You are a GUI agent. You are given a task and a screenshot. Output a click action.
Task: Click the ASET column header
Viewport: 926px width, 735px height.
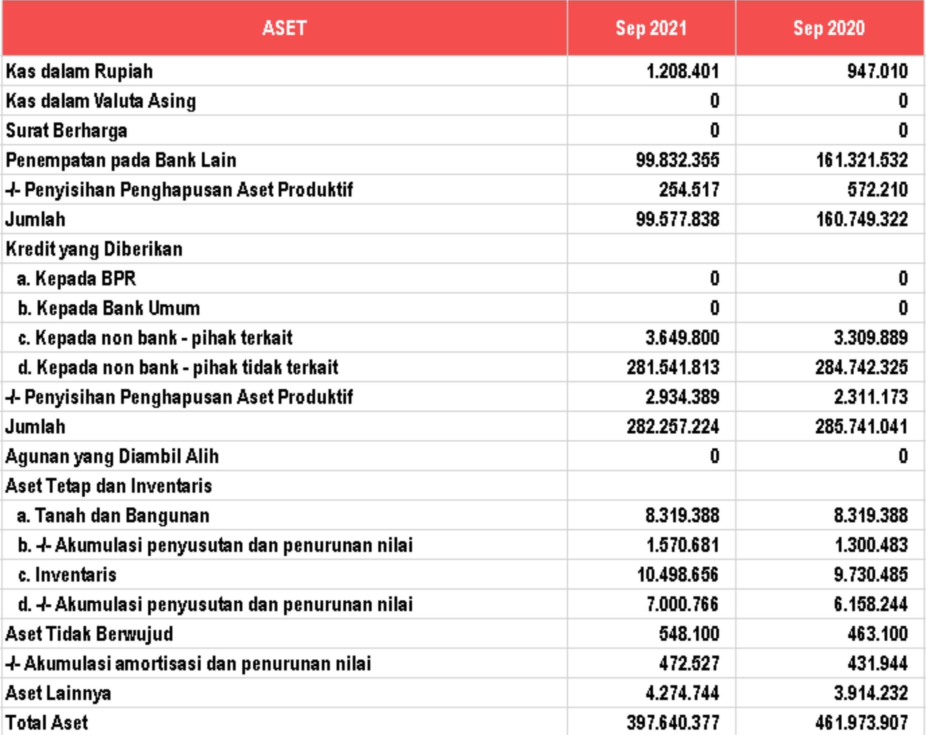point(284,28)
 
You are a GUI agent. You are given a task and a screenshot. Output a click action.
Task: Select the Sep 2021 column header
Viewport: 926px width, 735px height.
point(651,28)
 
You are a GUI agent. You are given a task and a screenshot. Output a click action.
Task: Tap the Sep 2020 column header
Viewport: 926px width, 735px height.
point(829,28)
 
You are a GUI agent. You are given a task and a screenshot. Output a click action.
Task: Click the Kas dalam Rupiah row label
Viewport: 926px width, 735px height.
point(79,71)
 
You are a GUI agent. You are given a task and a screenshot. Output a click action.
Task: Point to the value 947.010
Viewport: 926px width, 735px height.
point(878,71)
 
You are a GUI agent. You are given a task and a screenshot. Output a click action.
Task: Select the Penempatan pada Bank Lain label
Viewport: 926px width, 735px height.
point(121,160)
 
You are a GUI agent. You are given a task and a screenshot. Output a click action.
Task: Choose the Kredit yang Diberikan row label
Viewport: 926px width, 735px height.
point(94,249)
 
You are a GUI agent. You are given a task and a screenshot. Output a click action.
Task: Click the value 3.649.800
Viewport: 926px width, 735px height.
point(682,338)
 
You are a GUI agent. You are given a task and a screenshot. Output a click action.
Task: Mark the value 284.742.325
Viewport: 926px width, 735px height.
point(862,367)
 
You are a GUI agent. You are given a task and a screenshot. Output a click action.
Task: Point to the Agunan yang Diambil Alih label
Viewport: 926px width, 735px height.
point(112,456)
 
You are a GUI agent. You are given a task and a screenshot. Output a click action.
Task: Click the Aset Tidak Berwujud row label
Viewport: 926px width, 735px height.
point(89,634)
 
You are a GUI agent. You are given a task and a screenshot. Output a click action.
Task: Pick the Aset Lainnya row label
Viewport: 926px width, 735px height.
point(58,693)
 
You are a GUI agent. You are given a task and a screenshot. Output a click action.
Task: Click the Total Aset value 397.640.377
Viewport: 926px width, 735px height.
point(673,722)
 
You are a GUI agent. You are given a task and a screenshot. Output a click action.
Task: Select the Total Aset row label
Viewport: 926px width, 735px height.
point(47,722)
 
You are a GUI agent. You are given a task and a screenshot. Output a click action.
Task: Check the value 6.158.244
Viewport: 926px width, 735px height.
point(871,604)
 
